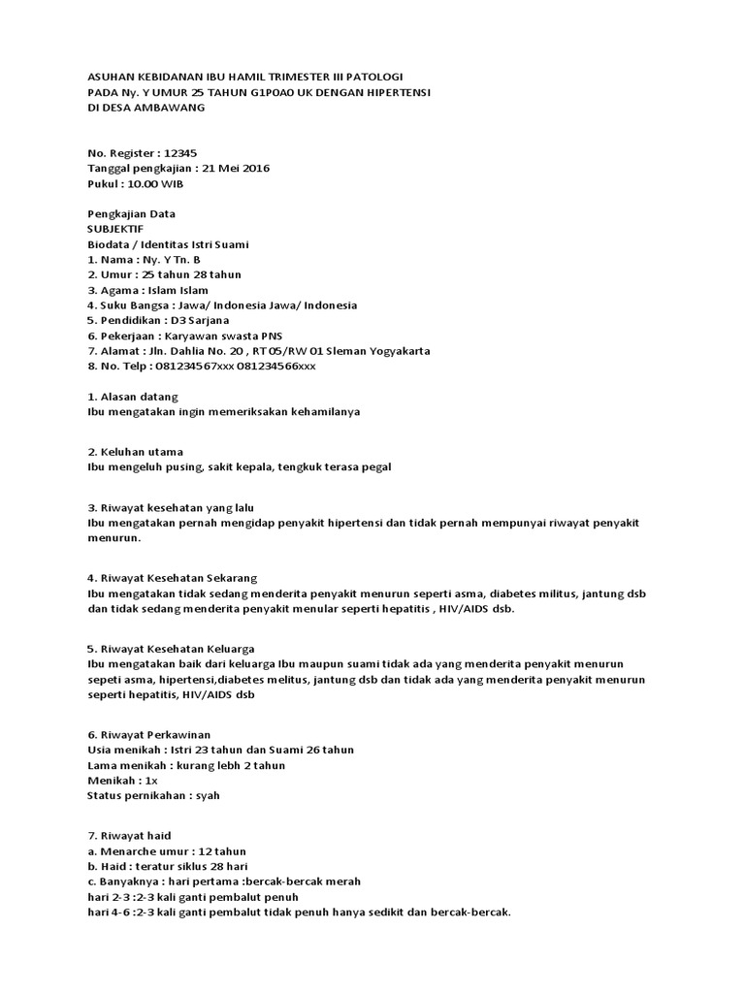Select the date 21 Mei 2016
pyautogui.click(x=236, y=168)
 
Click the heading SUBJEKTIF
pyautogui.click(x=115, y=229)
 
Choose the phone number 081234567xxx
pyautogui.click(x=185, y=366)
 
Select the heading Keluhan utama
pyautogui.click(x=142, y=452)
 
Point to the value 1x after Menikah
pyautogui.click(x=149, y=781)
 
